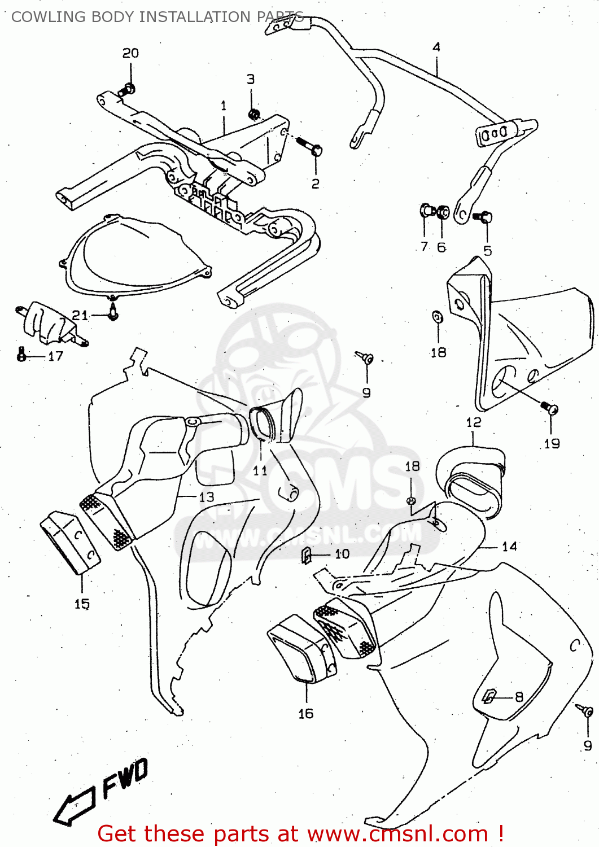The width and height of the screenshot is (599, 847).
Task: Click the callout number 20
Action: point(130,53)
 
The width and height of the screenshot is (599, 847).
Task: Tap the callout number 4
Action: point(436,47)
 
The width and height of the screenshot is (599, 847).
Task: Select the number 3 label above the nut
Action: point(251,80)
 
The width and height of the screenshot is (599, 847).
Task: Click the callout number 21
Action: point(80,315)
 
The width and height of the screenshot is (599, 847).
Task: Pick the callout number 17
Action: point(55,356)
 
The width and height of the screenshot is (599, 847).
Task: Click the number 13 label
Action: point(207,497)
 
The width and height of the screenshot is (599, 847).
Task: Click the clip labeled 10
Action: point(307,556)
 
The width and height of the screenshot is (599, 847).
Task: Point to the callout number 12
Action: point(474,422)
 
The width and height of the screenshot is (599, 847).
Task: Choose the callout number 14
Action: point(509,546)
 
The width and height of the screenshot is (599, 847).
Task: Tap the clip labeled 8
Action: point(489,697)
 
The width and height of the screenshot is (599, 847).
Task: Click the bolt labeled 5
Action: point(485,217)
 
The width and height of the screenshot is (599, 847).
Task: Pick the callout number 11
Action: point(260,470)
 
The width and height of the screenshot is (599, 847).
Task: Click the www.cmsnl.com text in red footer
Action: point(397,833)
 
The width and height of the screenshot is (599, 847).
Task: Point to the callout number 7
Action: point(424,247)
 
